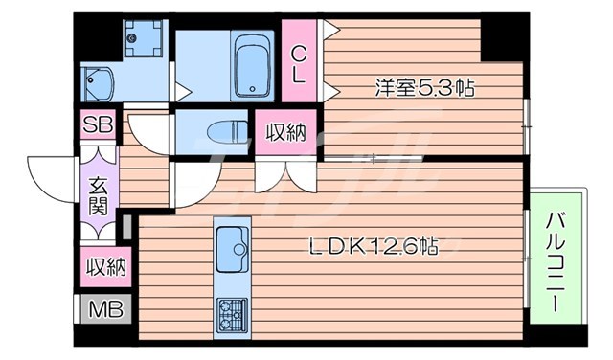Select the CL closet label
tap(299, 63)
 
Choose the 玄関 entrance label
tap(99, 193)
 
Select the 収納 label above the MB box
tap(105, 265)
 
